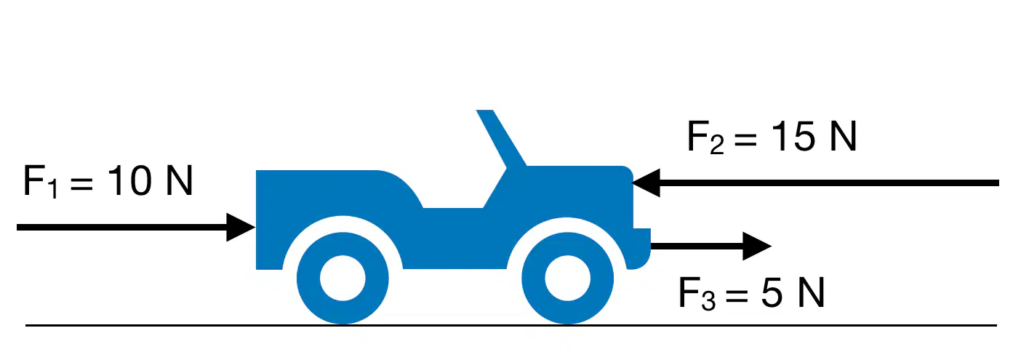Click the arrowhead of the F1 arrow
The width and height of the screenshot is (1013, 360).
point(241,227)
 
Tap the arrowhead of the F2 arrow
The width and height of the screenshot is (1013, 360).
point(646,183)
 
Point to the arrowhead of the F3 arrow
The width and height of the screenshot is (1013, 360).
point(757,246)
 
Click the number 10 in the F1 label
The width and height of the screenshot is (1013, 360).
point(129,180)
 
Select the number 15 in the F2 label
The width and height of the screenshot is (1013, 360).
point(793,136)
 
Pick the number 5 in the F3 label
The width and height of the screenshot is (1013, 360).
point(772,292)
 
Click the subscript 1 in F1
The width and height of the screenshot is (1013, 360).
point(53,190)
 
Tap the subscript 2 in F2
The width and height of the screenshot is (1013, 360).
point(717,145)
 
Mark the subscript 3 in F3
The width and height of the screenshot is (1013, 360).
point(708,301)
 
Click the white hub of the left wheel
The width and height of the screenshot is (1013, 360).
point(343,278)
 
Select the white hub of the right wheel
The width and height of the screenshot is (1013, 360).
point(567,278)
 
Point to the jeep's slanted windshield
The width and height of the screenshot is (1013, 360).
point(501,138)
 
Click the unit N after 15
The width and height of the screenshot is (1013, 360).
point(843,136)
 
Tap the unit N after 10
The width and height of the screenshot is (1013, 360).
point(179,180)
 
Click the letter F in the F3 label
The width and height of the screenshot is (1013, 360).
point(689,292)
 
